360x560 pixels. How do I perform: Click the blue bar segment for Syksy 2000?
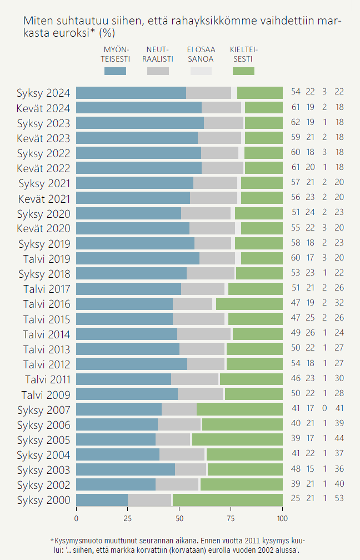[102, 500]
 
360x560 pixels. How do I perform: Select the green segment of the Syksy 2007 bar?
[239, 409]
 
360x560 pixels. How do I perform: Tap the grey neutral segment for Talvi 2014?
[204, 334]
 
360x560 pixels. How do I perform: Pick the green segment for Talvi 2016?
[249, 304]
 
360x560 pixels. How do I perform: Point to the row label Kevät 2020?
[43, 228]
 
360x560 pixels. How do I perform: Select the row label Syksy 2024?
[43, 93]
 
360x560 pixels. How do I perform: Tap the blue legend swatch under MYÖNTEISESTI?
[115, 71]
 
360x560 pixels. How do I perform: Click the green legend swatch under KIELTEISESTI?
[243, 71]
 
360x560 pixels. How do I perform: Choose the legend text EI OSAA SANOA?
[201, 54]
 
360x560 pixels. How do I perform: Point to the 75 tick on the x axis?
[231, 519]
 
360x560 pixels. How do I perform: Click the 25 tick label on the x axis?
[128, 519]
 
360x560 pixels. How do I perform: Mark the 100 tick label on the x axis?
[282, 519]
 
